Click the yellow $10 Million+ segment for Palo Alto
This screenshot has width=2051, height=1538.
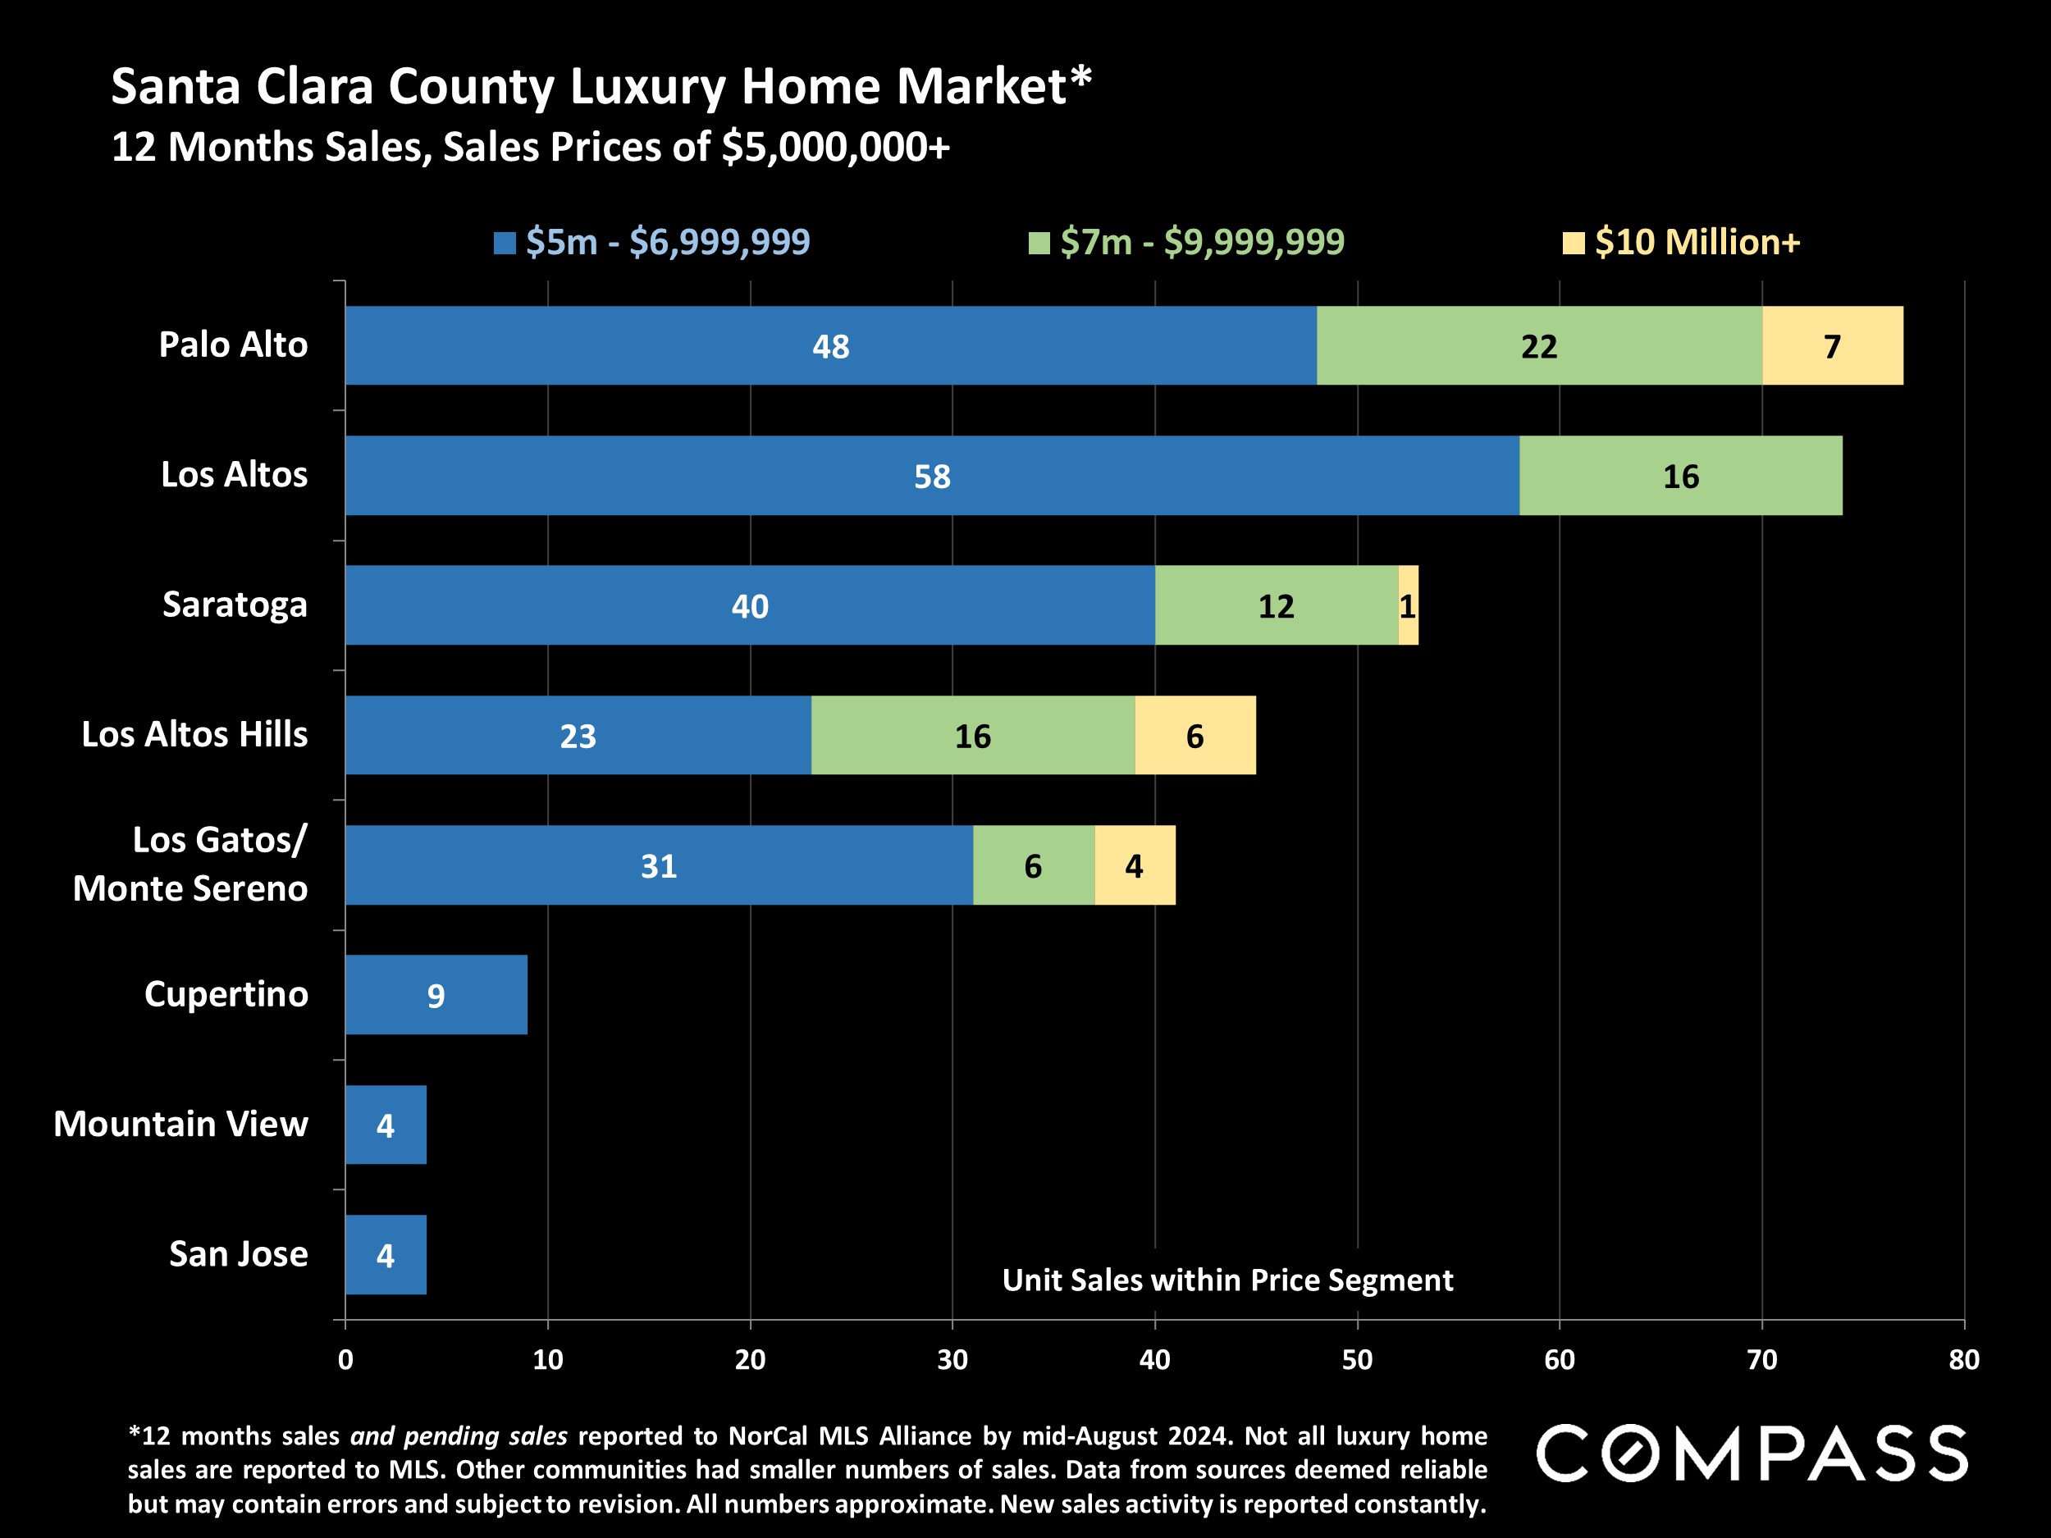pyautogui.click(x=1832, y=346)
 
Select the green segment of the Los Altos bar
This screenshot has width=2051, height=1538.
pyautogui.click(x=1680, y=476)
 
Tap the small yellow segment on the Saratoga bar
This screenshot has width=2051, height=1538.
pyautogui.click(x=1408, y=605)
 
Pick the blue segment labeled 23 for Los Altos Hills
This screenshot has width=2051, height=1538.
pyautogui.click(x=578, y=735)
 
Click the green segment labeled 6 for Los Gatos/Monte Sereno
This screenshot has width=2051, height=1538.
pyautogui.click(x=1033, y=865)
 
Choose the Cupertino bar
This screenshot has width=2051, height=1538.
pyautogui.click(x=436, y=995)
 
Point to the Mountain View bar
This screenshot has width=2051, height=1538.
pyautogui.click(x=386, y=1125)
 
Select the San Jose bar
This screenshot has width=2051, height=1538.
pyautogui.click(x=386, y=1254)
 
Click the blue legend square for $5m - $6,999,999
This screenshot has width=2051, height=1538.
pyautogui.click(x=505, y=243)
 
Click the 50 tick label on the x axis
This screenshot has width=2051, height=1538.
pyautogui.click(x=1356, y=1360)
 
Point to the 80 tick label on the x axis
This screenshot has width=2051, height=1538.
pyautogui.click(x=1964, y=1360)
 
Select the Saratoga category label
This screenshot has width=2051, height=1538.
pyautogui.click(x=235, y=605)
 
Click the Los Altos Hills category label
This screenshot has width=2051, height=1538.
pyautogui.click(x=194, y=734)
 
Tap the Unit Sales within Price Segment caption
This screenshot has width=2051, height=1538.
pyautogui.click(x=1227, y=1280)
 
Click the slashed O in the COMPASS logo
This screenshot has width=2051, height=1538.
pyautogui.click(x=1637, y=1454)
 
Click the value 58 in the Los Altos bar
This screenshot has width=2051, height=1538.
pyautogui.click(x=932, y=477)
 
